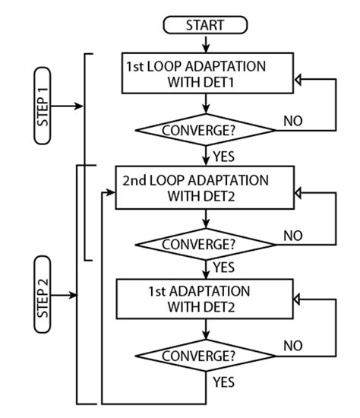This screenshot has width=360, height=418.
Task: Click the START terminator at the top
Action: [x=206, y=25]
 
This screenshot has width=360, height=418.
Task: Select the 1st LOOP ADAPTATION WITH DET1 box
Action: [x=206, y=74]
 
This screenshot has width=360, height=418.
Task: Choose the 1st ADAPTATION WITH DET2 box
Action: [x=206, y=298]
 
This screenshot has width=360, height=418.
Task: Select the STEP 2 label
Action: [x=43, y=294]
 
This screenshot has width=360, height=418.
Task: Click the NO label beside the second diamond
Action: [x=293, y=236]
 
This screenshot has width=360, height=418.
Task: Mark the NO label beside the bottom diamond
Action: [x=293, y=346]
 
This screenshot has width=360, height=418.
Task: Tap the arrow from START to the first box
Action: [x=206, y=43]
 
